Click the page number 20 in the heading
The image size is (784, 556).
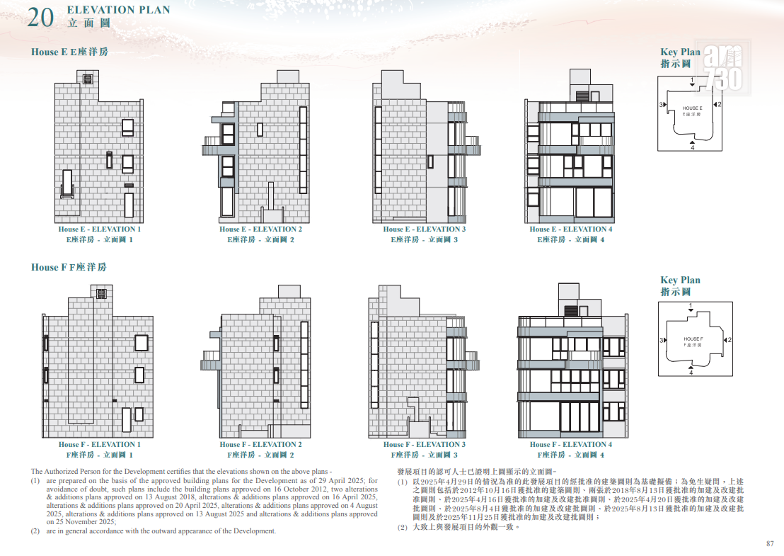(x=40, y=18)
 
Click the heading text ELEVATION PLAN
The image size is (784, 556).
(x=118, y=10)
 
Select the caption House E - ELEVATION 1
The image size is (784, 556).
(x=100, y=229)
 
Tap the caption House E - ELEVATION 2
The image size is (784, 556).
(x=260, y=229)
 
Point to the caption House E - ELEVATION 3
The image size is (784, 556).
(x=425, y=229)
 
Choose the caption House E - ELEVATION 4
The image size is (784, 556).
(x=571, y=229)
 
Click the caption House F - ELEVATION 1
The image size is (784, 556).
(x=100, y=444)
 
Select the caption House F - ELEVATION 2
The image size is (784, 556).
(x=260, y=444)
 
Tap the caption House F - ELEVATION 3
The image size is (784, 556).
(x=425, y=444)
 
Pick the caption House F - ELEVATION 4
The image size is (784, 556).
(x=571, y=444)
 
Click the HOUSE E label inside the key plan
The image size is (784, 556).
(x=693, y=108)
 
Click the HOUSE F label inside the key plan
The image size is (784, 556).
(x=693, y=339)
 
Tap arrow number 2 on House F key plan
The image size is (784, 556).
(x=725, y=340)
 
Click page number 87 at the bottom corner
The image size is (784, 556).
(x=770, y=543)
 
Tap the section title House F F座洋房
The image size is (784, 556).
(x=69, y=267)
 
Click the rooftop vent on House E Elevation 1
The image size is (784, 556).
(x=88, y=79)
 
